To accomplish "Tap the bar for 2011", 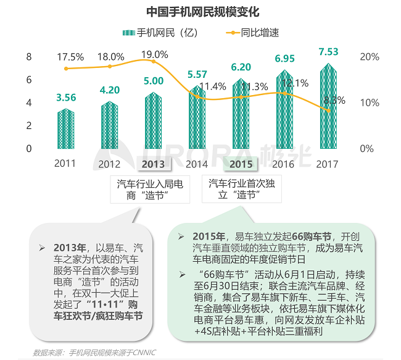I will coord(65,129).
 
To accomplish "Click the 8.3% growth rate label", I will coord(334,99).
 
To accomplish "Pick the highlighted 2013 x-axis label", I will coord(153,164).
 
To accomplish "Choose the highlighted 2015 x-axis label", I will coord(241,164).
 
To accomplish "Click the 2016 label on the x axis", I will coord(284,164).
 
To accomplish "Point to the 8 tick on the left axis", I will coord(28,57).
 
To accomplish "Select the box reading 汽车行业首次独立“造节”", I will coord(241,189).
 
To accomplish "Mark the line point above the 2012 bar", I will coord(110,66).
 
